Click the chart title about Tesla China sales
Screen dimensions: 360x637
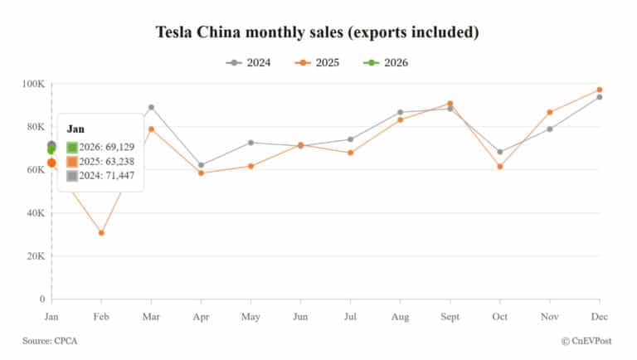(318, 32)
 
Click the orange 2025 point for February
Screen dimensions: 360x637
(101, 233)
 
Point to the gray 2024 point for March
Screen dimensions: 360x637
(151, 107)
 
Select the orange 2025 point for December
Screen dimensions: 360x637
(600, 90)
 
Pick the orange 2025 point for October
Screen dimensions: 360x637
(499, 167)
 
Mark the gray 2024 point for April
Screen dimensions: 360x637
(201, 165)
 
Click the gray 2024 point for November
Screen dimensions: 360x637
(550, 129)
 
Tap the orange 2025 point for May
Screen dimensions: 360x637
(250, 166)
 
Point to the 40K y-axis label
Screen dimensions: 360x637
(34, 213)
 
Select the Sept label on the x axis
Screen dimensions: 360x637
(450, 316)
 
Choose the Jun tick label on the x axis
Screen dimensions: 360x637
(300, 316)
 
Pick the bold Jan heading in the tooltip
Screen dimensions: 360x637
(75, 129)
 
